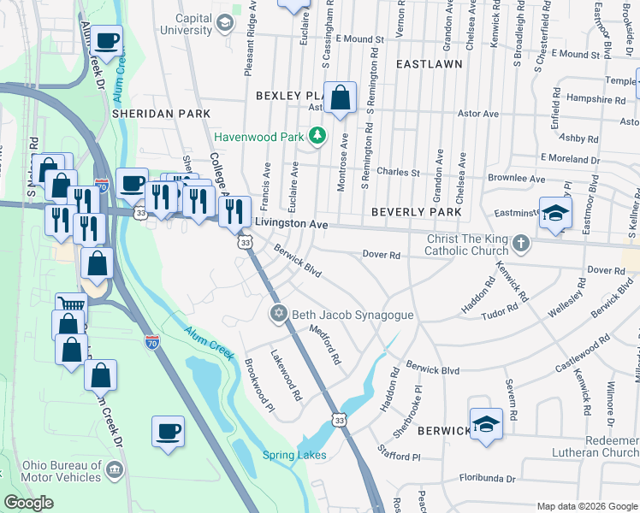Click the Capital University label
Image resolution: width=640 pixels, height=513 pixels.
(181, 24)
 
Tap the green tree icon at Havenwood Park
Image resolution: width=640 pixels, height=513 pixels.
(317, 136)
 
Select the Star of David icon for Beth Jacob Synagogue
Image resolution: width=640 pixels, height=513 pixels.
(277, 315)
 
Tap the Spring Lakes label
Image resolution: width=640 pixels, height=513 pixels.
(293, 455)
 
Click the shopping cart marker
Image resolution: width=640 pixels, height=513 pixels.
(72, 308)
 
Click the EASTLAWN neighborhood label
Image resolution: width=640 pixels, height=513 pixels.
(428, 64)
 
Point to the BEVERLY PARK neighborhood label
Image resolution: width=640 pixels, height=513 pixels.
(416, 211)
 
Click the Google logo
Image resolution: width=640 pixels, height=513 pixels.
(28, 503)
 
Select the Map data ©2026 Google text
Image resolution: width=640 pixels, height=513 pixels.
(586, 506)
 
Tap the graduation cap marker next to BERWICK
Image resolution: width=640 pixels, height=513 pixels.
(485, 424)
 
